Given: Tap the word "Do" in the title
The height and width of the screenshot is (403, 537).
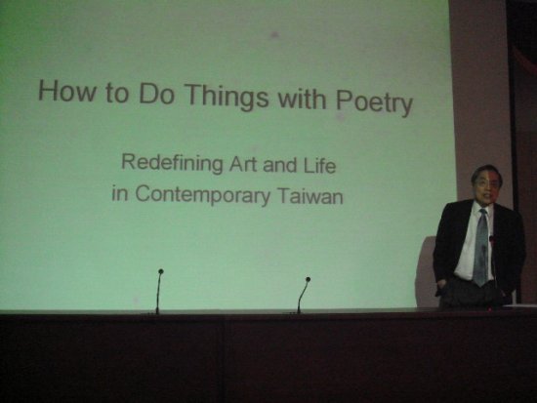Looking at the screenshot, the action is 156,93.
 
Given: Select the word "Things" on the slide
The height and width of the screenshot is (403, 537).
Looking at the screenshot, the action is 227,97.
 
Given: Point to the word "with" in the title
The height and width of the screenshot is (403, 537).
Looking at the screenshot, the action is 302,99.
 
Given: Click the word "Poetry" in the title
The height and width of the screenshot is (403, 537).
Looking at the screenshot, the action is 374,103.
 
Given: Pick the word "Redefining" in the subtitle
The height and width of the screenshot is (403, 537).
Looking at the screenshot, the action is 172,163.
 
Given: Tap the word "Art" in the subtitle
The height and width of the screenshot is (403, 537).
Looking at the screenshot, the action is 243,164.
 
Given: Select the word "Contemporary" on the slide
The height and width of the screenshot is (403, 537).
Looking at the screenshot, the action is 203,195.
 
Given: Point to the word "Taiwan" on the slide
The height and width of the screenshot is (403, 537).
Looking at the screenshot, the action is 310,196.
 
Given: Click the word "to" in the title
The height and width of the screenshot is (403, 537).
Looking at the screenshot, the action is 117,93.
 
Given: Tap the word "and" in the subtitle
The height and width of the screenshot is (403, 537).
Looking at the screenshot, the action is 280,165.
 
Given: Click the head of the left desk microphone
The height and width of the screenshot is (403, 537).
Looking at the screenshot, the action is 161,271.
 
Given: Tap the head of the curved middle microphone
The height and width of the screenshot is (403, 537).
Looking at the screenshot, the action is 308,279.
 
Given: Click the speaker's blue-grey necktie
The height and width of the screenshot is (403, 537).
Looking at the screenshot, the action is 481,247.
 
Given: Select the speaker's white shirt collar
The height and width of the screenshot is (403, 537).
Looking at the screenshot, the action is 482,207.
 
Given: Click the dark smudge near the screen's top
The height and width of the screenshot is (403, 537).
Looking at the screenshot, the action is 274,34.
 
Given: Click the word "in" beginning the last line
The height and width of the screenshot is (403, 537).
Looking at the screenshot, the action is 119,193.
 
